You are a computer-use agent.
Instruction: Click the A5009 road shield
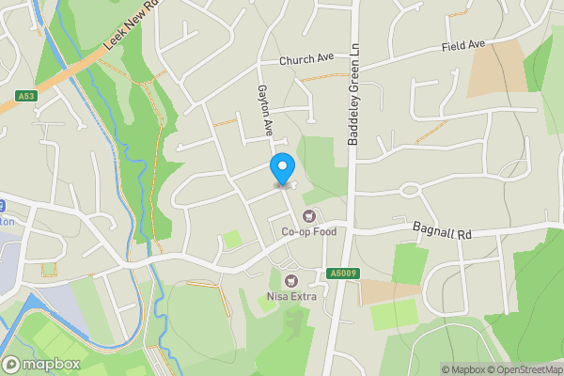(343, 274)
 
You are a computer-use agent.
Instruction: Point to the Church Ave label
(305, 60)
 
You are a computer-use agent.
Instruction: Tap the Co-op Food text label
(308, 232)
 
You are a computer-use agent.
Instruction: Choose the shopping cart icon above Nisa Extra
(290, 281)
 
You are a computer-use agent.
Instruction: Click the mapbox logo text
(48, 364)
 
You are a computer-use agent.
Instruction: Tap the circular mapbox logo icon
(12, 364)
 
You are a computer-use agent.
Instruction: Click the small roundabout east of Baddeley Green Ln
(409, 190)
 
